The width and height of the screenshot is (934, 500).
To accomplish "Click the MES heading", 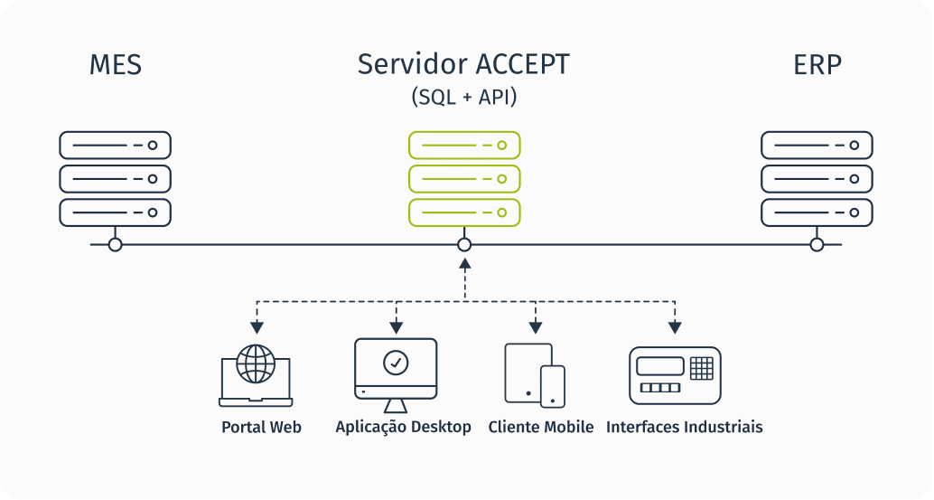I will pos(116,66).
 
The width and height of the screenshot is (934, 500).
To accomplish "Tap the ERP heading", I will pos(817,66).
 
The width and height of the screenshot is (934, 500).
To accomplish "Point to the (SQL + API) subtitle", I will pos(464,97).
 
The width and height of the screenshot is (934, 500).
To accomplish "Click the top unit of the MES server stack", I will pos(115,145).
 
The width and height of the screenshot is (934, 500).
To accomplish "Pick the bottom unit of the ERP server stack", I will pos(817,212).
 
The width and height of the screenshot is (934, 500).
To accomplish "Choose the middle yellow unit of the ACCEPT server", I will pos(464,179).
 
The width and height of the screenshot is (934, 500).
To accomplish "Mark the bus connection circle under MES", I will pos(115,244).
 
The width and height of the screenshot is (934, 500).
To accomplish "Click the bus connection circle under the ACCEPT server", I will pos(464,244).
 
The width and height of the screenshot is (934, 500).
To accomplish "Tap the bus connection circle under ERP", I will pos(817,244).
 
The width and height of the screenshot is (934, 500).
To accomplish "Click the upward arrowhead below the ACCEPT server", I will pos(464,264).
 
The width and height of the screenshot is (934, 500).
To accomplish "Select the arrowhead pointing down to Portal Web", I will pos(257,326).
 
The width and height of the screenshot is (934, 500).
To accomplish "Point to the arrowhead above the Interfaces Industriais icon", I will pos(674,326).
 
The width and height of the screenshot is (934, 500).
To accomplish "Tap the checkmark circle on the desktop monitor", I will pos(396,363).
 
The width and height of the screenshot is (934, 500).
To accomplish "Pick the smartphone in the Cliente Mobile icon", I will pos(552,384).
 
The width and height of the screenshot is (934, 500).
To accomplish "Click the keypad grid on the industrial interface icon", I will pos(701,368).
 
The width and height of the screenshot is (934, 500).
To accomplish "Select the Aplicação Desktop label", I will pos(403,427).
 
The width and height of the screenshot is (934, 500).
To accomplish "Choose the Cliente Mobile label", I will pos(540,427).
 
